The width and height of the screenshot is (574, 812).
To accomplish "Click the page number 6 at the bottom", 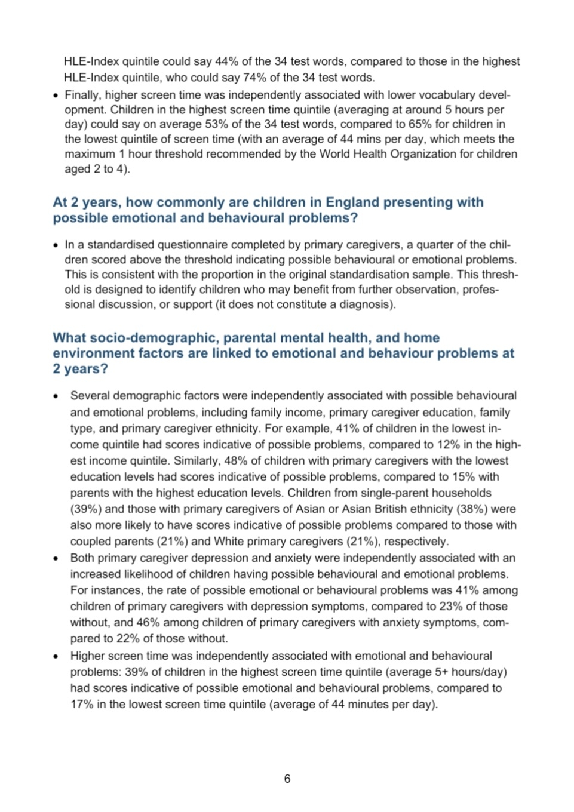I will [x=287, y=779].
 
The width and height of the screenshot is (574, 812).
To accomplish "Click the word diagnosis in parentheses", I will [x=365, y=304].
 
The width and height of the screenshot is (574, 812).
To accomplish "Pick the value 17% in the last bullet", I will [x=82, y=705].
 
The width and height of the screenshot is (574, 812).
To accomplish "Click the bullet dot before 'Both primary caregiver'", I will [x=56, y=559].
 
